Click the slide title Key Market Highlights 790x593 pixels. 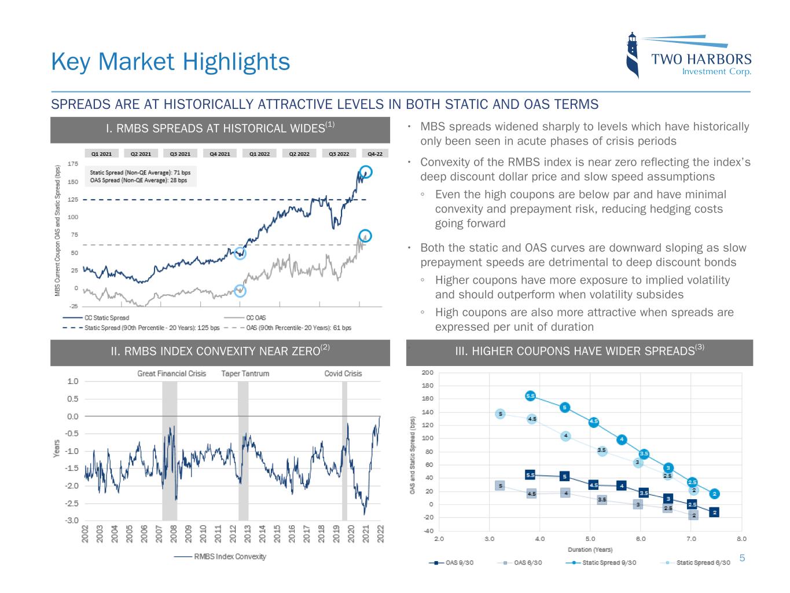[170, 61]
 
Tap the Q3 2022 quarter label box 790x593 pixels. [339, 154]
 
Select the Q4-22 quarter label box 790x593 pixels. [375, 154]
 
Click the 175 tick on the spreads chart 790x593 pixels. [73, 164]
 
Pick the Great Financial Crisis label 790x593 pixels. [171, 374]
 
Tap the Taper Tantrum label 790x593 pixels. [245, 374]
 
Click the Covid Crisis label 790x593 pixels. [343, 374]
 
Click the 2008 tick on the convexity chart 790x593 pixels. [174, 533]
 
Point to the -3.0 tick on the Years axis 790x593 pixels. [73, 521]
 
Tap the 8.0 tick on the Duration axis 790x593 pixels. [741, 539]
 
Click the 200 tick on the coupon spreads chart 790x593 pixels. [427, 372]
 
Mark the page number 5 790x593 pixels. [743, 558]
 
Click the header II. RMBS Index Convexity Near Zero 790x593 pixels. [220, 351]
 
